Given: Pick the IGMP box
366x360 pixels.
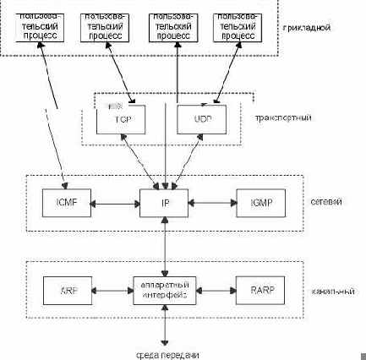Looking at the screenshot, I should click(x=259, y=204).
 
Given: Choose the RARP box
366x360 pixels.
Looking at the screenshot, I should click(x=259, y=290).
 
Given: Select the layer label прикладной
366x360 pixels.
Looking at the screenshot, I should click(x=305, y=28).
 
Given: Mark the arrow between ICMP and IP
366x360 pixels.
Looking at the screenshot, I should click(x=114, y=204).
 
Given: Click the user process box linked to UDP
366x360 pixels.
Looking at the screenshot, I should click(x=236, y=28).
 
